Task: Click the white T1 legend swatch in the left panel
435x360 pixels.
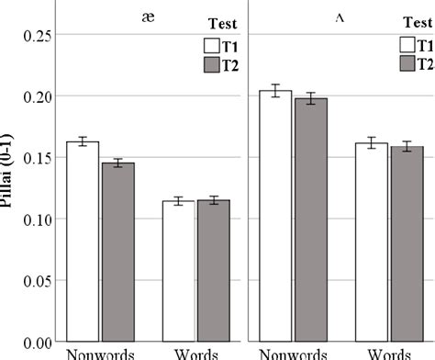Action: point(211,46)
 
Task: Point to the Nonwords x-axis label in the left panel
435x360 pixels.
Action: point(101,354)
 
